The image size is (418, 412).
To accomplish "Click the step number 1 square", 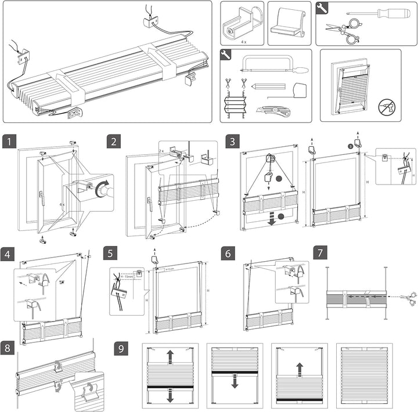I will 9,141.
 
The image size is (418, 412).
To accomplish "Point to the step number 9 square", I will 121,349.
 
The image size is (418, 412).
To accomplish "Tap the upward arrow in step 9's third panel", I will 299,368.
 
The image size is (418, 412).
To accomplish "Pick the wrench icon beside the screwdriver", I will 321,9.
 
